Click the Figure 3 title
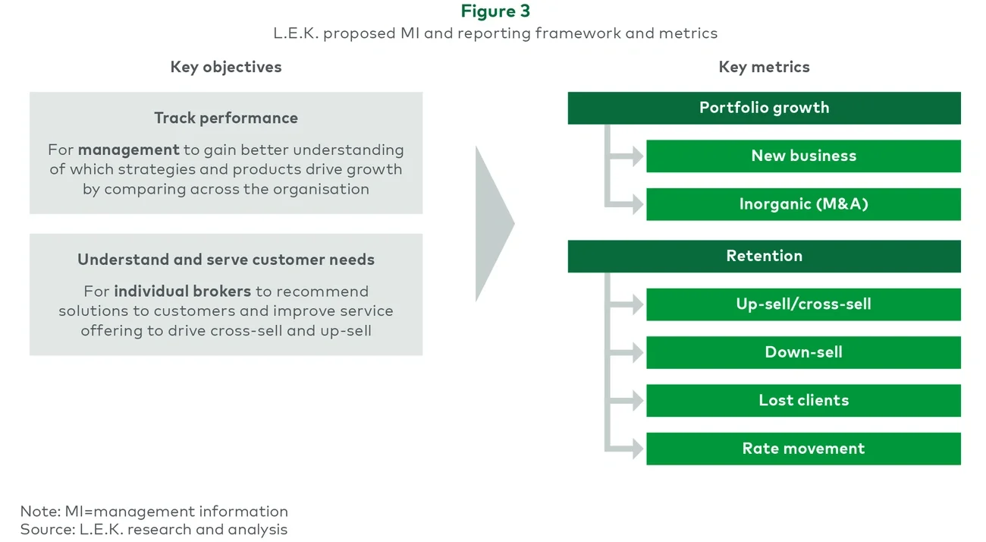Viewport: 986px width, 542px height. pyautogui.click(x=495, y=11)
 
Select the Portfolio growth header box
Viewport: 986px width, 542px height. pyautogui.click(x=764, y=108)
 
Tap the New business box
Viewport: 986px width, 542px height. pyautogui.click(x=803, y=156)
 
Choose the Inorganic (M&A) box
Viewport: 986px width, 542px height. pyautogui.click(x=803, y=204)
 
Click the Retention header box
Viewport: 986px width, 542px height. pyautogui.click(x=764, y=256)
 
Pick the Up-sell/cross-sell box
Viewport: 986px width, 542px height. pyautogui.click(x=803, y=304)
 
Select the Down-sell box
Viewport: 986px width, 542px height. pyautogui.click(x=803, y=352)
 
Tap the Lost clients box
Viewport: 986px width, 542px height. pyautogui.click(x=803, y=400)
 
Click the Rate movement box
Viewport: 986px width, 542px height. pyautogui.click(x=803, y=449)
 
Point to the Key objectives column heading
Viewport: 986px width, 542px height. pyautogui.click(x=226, y=67)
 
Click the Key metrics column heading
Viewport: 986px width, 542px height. pyautogui.click(x=764, y=67)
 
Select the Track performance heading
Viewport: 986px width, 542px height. pyautogui.click(x=226, y=118)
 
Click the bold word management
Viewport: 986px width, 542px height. pyautogui.click(x=128, y=150)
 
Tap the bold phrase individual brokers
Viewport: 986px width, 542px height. pyautogui.click(x=182, y=291)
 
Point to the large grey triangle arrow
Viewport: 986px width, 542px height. pyautogui.click(x=493, y=224)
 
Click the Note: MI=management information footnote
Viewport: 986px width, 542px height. pyautogui.click(x=154, y=511)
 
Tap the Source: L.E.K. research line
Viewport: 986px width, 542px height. pyautogui.click(x=154, y=529)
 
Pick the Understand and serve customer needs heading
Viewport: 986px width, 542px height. pyautogui.click(x=226, y=260)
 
